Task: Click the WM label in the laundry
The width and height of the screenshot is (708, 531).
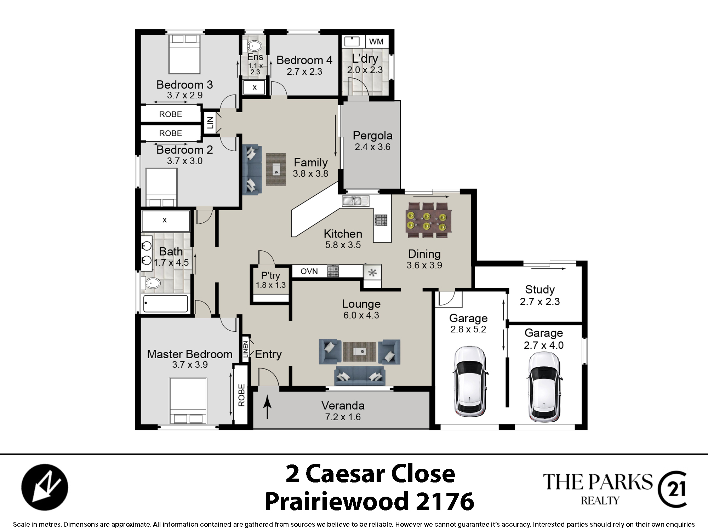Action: click(x=376, y=42)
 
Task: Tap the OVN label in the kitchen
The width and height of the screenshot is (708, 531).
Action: click(x=309, y=272)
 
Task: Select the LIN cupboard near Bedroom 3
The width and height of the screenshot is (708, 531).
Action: click(x=210, y=122)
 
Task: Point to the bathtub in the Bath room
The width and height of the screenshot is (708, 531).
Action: click(x=165, y=304)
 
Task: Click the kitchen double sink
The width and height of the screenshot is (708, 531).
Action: click(x=355, y=201)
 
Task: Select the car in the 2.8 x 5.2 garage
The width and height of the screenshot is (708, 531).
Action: click(x=469, y=381)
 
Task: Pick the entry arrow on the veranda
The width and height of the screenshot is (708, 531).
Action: click(x=268, y=407)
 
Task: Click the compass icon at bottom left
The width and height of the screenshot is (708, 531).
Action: click(x=45, y=487)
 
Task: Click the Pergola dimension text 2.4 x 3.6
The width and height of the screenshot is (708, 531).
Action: click(x=372, y=147)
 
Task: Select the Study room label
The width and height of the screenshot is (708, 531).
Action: click(x=540, y=290)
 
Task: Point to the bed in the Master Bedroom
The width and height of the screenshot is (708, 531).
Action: click(x=188, y=401)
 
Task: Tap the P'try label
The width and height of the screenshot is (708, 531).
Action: click(x=270, y=275)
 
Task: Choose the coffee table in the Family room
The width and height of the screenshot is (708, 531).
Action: click(x=276, y=169)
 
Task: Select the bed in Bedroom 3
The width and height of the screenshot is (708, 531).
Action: click(x=184, y=54)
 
